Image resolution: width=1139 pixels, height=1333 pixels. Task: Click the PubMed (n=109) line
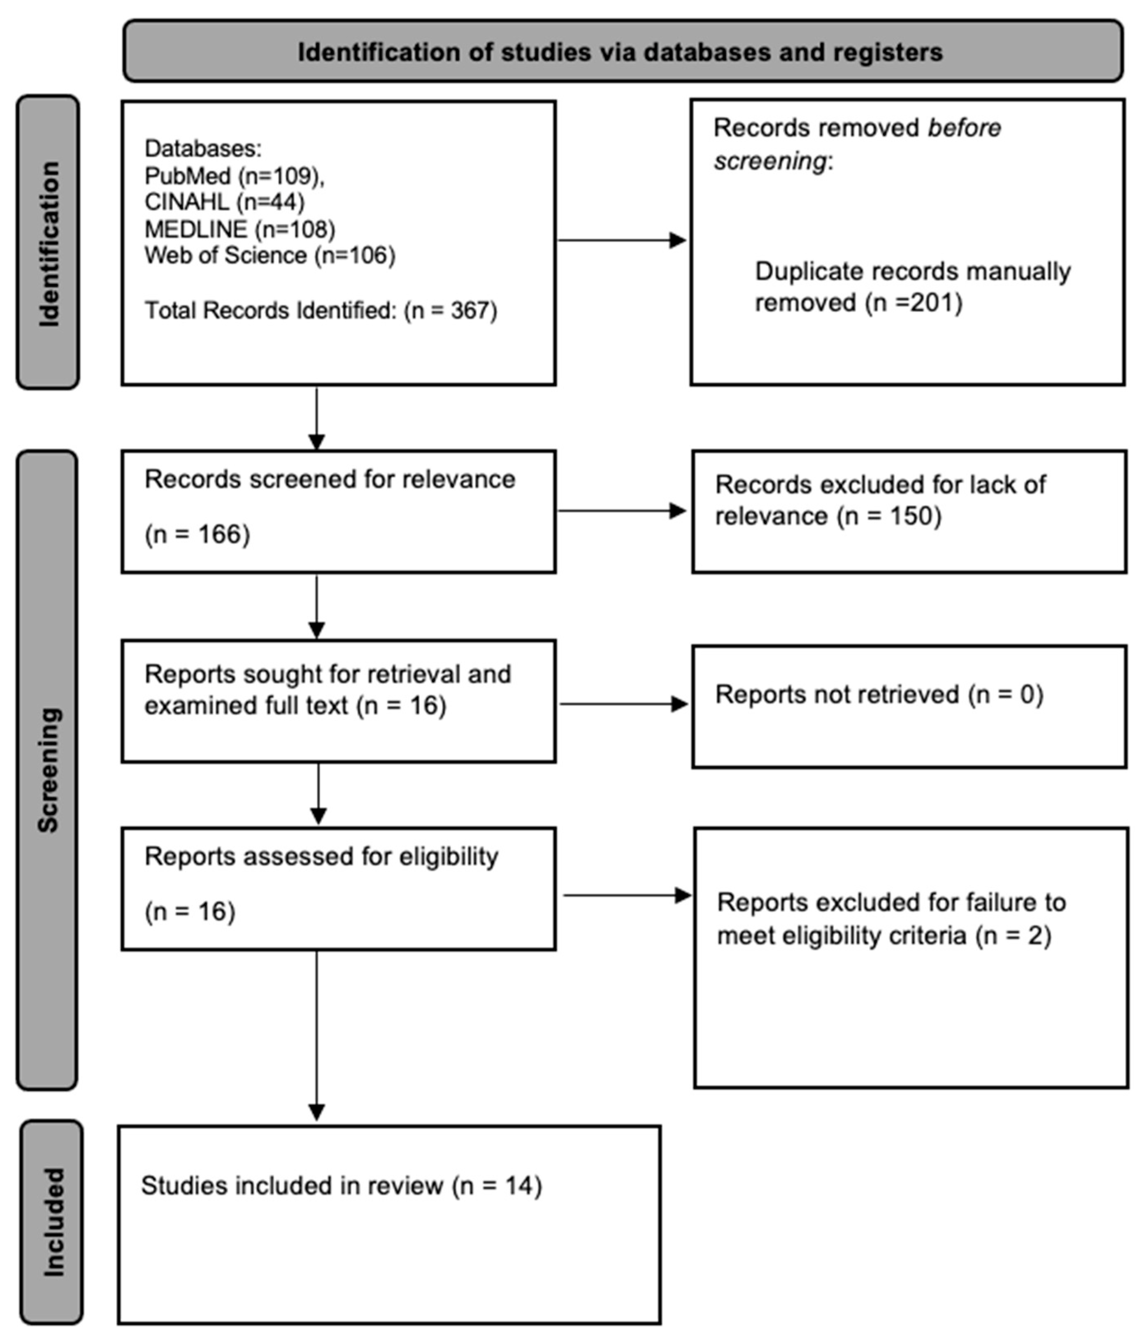pyautogui.click(x=234, y=176)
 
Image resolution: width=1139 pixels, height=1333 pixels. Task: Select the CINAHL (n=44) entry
pyautogui.click(x=224, y=202)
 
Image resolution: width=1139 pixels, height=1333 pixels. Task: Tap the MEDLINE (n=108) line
pyautogui.click(x=239, y=229)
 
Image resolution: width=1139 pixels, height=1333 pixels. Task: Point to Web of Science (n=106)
pyautogui.click(x=269, y=255)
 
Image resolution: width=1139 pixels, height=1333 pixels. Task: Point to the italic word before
pyautogui.click(x=963, y=128)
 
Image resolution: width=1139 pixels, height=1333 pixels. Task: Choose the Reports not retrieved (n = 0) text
pyautogui.click(x=879, y=695)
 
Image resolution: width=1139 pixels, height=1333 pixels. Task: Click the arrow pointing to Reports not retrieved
pyautogui.click(x=623, y=704)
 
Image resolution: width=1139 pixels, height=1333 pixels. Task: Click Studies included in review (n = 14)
pyautogui.click(x=341, y=1186)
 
